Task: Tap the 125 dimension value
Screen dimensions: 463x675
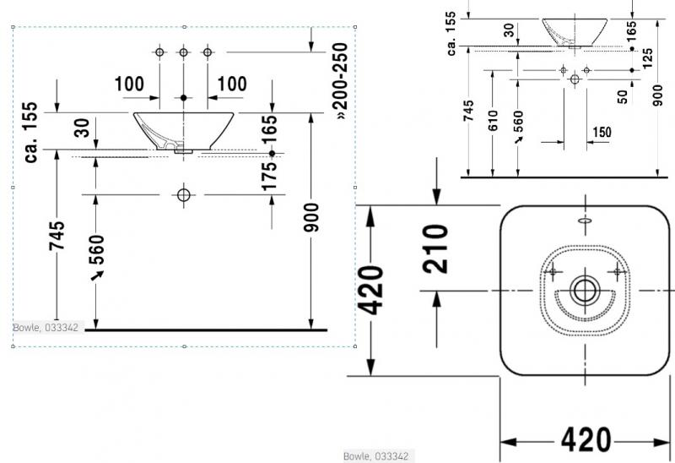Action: (646, 59)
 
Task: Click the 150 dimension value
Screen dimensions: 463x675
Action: (602, 132)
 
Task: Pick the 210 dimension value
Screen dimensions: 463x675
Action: (435, 248)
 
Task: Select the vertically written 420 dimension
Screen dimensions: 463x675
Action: (371, 290)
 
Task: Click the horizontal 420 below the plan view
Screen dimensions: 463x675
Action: (586, 439)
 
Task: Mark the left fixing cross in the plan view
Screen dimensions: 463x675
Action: (554, 271)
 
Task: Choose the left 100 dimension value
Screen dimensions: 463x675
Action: (130, 84)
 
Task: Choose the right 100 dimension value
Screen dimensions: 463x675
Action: (231, 84)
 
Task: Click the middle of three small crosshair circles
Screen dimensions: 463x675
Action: (183, 52)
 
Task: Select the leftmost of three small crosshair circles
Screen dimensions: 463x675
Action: (159, 52)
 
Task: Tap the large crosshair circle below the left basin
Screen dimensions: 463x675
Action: (184, 195)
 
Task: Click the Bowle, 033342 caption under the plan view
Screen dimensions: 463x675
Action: (376, 456)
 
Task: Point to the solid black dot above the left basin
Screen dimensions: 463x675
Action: (183, 98)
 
